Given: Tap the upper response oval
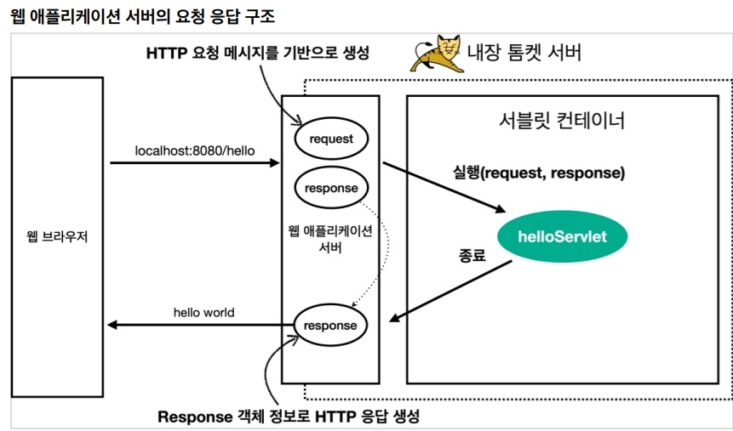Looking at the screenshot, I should [x=330, y=188].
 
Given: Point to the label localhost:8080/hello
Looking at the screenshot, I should [x=195, y=150].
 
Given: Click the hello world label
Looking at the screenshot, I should [x=203, y=313].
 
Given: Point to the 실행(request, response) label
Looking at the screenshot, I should [x=539, y=173].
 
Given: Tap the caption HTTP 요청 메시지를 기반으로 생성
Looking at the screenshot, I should [x=257, y=53].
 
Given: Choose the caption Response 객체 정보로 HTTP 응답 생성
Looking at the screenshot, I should [x=289, y=417].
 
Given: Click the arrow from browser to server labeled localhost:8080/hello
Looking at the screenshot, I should [x=195, y=162].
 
